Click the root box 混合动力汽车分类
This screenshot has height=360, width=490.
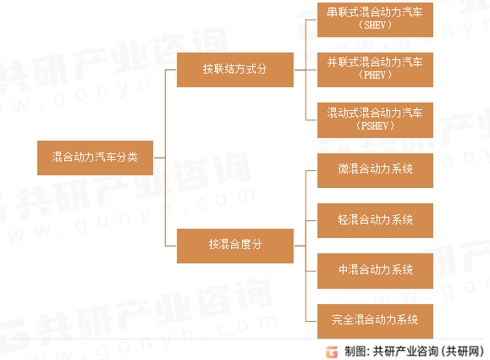(x=95, y=158)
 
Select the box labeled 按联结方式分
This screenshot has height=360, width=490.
(x=235, y=69)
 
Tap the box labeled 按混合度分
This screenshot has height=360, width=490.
(x=235, y=246)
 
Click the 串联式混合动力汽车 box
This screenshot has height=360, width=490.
(x=375, y=19)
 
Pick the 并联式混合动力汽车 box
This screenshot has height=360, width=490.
(x=375, y=69)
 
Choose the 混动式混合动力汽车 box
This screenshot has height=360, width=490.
(x=375, y=120)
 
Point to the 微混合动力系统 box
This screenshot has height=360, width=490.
(x=375, y=170)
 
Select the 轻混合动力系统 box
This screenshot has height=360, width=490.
(x=375, y=220)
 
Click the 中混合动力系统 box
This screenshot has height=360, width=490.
(x=375, y=271)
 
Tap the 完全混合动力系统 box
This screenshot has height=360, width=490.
(x=375, y=321)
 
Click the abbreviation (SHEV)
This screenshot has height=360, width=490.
(x=375, y=25)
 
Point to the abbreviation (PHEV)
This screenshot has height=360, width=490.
(x=375, y=75)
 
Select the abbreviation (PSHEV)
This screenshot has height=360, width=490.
(x=375, y=125)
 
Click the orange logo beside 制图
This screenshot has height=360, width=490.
(x=332, y=352)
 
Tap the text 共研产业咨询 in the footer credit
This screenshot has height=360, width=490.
(x=405, y=352)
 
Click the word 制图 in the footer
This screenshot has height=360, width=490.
(x=355, y=352)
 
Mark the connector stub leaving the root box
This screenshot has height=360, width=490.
(x=159, y=158)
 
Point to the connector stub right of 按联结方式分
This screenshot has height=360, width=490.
(x=300, y=69)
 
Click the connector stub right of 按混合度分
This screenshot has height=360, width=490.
(x=300, y=246)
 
